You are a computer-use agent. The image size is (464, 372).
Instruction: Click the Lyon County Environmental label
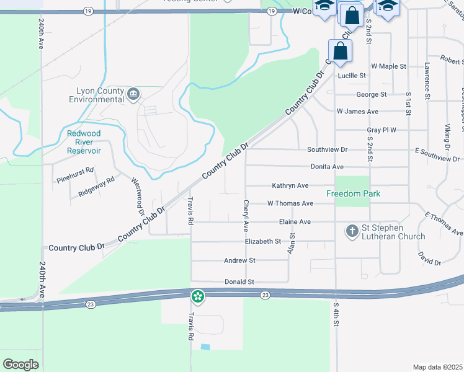(x=96, y=95)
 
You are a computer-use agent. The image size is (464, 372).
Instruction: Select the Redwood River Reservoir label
(x=84, y=142)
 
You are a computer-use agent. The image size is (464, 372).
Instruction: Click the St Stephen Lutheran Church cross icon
(x=352, y=231)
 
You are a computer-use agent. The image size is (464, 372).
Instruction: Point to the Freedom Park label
(x=353, y=194)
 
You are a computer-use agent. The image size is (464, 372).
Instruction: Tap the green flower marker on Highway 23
(x=197, y=297)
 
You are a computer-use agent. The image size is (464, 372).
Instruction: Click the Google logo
(x=20, y=364)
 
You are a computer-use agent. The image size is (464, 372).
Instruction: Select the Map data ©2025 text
(x=437, y=367)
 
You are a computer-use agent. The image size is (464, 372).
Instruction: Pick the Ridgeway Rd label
(x=97, y=187)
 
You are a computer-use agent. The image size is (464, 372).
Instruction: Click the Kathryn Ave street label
(x=290, y=185)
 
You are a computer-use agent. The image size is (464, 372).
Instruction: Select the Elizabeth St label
(x=263, y=241)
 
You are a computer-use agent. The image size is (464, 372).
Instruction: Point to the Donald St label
(x=239, y=281)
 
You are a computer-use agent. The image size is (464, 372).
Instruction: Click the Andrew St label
(x=239, y=261)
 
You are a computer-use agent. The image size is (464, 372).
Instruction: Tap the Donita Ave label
(x=326, y=167)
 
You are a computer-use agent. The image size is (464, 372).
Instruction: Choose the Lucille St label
(x=352, y=76)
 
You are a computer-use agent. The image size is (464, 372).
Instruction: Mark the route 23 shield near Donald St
(x=265, y=295)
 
